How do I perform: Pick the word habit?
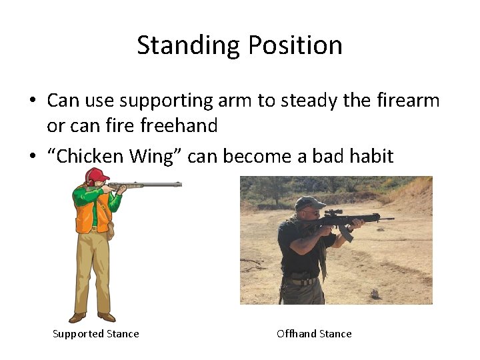(x=369, y=156)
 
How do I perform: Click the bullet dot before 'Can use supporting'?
(x=32, y=101)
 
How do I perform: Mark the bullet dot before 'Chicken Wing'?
(x=32, y=157)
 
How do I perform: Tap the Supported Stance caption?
(x=96, y=334)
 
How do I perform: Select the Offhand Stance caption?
(x=314, y=334)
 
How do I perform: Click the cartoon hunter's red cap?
(x=97, y=175)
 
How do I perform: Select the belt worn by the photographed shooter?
(x=304, y=280)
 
